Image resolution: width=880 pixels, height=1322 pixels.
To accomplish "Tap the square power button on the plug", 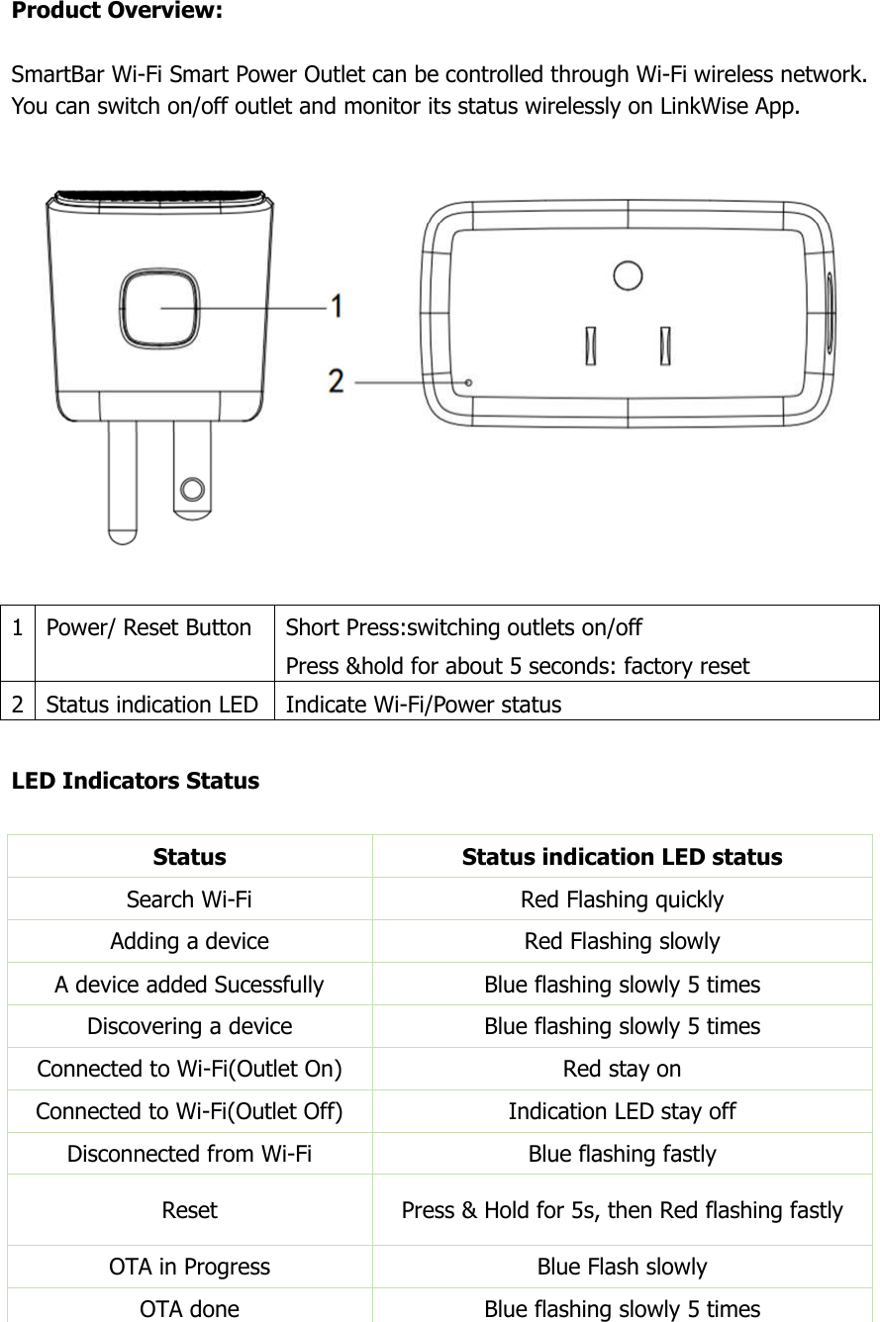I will pyautogui.click(x=158, y=308).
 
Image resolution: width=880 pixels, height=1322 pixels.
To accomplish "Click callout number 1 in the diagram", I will pyautogui.click(x=339, y=308).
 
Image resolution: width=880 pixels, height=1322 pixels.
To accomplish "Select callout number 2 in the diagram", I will pyautogui.click(x=338, y=381).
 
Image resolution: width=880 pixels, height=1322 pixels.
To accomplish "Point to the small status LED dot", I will pyautogui.click(x=469, y=382).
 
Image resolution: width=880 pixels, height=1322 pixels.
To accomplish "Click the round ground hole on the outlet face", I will pyautogui.click(x=627, y=275).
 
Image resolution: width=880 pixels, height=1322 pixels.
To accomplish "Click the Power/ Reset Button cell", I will pyautogui.click(x=148, y=627).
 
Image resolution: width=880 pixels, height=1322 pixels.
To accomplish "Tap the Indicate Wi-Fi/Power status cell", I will pyautogui.click(x=423, y=705).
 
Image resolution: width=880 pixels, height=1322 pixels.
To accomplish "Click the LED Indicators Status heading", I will pyautogui.click(x=135, y=781).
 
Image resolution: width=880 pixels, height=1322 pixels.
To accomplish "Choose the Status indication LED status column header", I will pyautogui.click(x=622, y=857).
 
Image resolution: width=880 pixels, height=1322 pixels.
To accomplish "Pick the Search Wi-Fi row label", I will pyautogui.click(x=189, y=899).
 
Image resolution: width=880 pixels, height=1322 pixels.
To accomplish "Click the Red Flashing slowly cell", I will pyautogui.click(x=622, y=941).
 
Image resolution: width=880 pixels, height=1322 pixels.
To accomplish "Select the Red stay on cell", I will pyautogui.click(x=622, y=1069).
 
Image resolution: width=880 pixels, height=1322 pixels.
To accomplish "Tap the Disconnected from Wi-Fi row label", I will pyautogui.click(x=189, y=1154).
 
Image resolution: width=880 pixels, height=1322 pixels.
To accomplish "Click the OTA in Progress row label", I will pyautogui.click(x=189, y=1267).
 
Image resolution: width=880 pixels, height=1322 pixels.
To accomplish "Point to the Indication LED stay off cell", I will pyautogui.click(x=622, y=1111).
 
